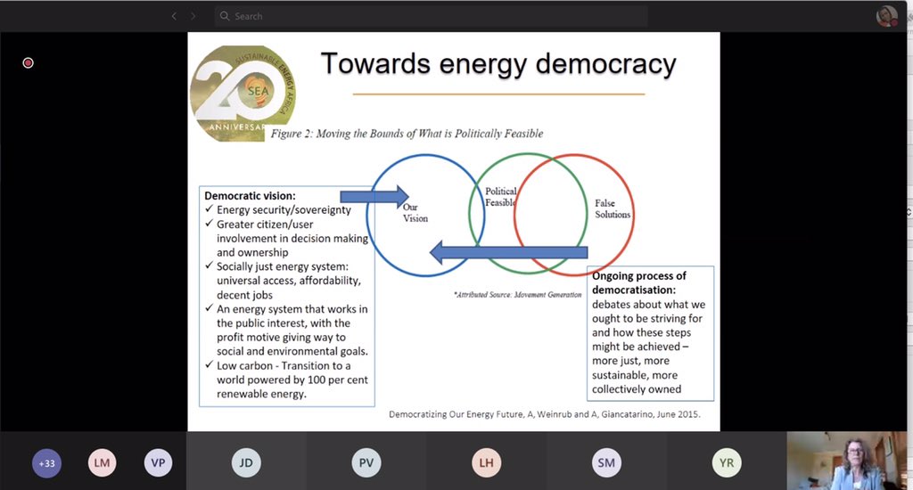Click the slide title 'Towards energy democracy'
(498, 64)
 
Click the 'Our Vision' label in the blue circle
(415, 212)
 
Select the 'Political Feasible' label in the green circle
(500, 197)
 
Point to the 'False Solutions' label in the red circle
(613, 209)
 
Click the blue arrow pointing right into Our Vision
(374, 195)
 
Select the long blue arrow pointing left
(508, 253)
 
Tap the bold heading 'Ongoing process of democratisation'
(639, 282)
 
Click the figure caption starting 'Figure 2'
(407, 134)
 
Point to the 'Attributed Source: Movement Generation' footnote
(511, 293)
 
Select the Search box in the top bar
(428, 16)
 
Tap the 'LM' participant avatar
(103, 462)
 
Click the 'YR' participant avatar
(727, 462)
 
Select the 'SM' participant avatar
(606, 462)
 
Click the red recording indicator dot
(28, 63)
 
